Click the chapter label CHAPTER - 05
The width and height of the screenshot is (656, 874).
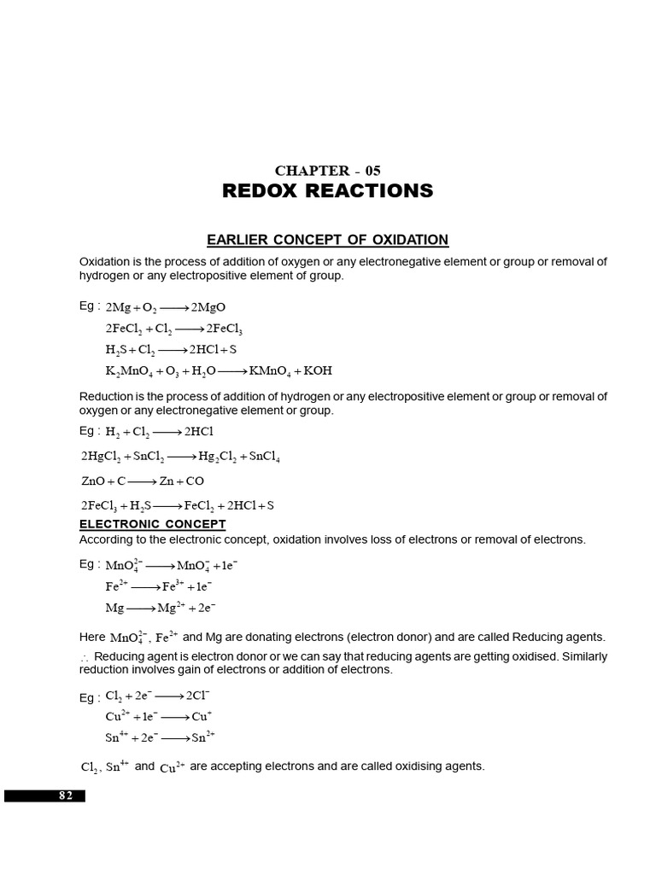327,171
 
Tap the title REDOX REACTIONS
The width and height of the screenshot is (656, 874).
327,191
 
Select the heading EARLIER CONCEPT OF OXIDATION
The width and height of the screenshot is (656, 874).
327,240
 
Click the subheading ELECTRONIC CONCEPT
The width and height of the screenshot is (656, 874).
152,524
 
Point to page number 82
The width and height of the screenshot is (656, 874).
66,795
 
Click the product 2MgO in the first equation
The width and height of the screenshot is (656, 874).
208,308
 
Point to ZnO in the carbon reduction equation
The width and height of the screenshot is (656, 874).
92,481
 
